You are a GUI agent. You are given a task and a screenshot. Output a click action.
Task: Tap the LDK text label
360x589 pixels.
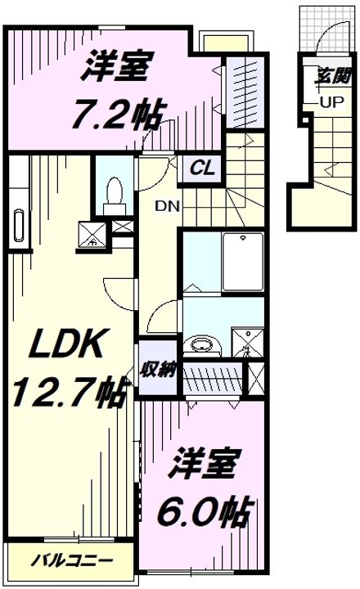pyautogui.click(x=68, y=343)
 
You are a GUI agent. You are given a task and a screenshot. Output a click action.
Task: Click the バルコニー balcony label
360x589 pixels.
pyautogui.click(x=71, y=561)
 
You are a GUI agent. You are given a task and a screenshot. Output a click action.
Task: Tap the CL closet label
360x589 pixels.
pyautogui.click(x=202, y=168)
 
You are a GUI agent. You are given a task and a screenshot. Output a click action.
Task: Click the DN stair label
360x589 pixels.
pyautogui.click(x=168, y=206)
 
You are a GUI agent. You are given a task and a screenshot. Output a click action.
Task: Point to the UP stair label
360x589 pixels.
pyautogui.click(x=332, y=101)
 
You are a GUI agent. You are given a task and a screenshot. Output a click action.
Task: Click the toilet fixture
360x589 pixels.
pyautogui.click(x=115, y=196)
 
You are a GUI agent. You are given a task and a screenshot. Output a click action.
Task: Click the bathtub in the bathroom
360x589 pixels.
pyautogui.click(x=243, y=262)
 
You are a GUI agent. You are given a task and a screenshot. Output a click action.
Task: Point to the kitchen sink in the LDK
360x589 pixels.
pyautogui.click(x=19, y=226)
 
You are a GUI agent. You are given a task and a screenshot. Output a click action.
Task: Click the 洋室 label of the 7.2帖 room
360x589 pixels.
pyautogui.click(x=117, y=66)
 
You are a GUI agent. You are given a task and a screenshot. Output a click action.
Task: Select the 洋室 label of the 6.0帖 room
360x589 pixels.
pyautogui.click(x=204, y=463)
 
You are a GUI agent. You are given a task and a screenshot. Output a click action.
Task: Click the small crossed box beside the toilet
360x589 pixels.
pyautogui.click(x=123, y=227)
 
